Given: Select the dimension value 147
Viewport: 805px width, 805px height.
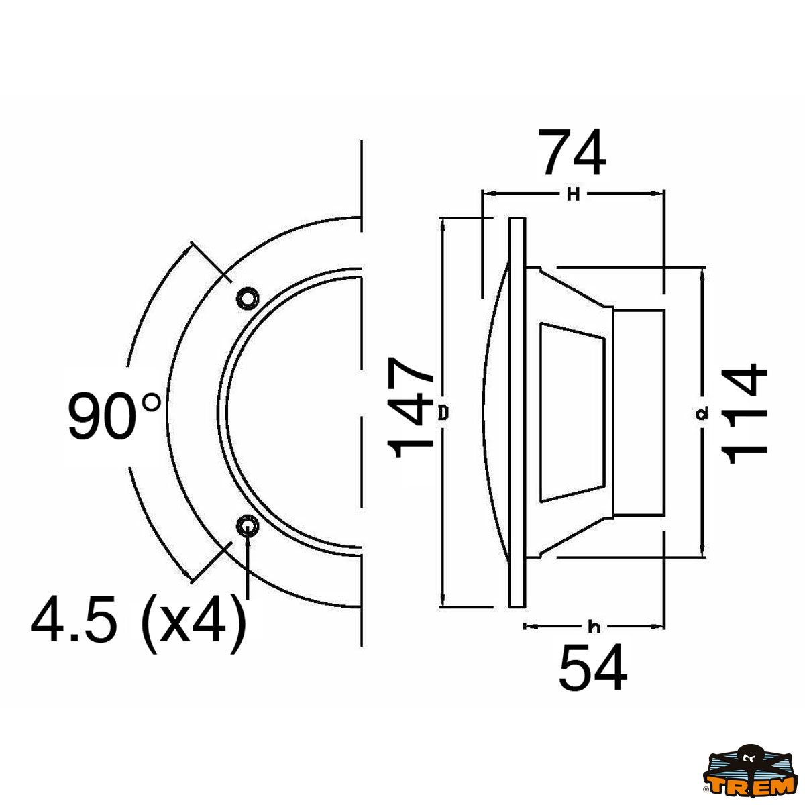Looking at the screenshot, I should [x=410, y=407].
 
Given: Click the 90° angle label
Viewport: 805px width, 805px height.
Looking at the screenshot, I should [x=114, y=416].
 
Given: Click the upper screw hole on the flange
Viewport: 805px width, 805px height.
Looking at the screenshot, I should [x=246, y=297].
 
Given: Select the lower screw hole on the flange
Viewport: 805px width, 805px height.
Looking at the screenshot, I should [x=246, y=525].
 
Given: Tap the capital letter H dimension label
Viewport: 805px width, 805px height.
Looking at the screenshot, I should [x=572, y=195].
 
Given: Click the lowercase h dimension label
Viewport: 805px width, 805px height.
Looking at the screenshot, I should [x=594, y=627].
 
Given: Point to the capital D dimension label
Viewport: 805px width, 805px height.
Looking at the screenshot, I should [x=443, y=413].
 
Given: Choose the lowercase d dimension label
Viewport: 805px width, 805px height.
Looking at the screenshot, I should [x=702, y=415].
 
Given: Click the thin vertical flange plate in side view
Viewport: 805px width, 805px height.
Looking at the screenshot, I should [x=517, y=413].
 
